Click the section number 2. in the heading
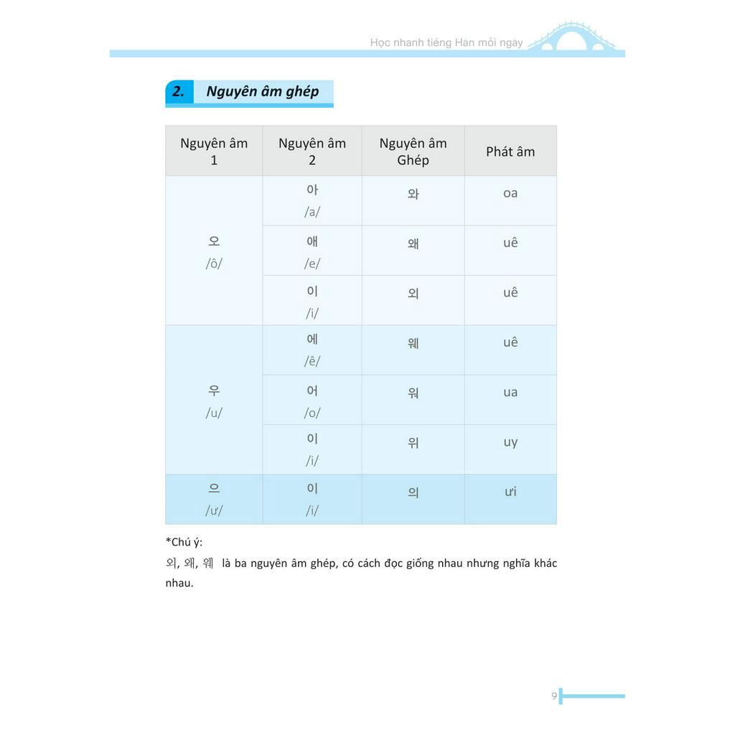pyautogui.click(x=178, y=92)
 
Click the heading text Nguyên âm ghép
pyautogui.click(x=262, y=92)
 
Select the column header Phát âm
pyautogui.click(x=510, y=151)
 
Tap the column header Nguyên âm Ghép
pyautogui.click(x=413, y=151)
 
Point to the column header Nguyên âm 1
pyautogui.click(x=214, y=151)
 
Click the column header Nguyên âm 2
pyautogui.click(x=312, y=151)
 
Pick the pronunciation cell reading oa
pyautogui.click(x=510, y=193)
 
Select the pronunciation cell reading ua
pyautogui.click(x=510, y=393)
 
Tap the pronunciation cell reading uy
pyautogui.click(x=510, y=442)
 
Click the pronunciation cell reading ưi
pyautogui.click(x=510, y=492)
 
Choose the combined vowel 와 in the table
pyautogui.click(x=413, y=194)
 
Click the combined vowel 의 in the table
pyautogui.click(x=413, y=493)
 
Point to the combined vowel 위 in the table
pyautogui.click(x=413, y=443)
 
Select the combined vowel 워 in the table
pyautogui.click(x=413, y=393)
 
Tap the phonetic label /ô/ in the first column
pyautogui.click(x=214, y=263)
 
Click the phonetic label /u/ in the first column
pyautogui.click(x=214, y=413)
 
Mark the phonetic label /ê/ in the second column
pyautogui.click(x=312, y=361)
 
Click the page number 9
pyautogui.click(x=554, y=696)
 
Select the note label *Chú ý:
pyautogui.click(x=184, y=542)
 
